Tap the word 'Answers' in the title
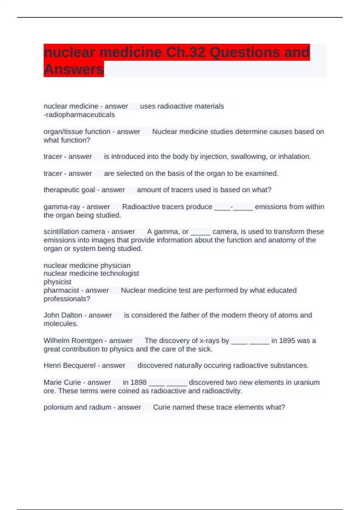tap(74, 69)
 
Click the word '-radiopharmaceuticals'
tap(79, 115)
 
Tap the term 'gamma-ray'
tap(62, 207)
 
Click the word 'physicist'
tap(58, 282)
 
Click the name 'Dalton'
tap(71, 315)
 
